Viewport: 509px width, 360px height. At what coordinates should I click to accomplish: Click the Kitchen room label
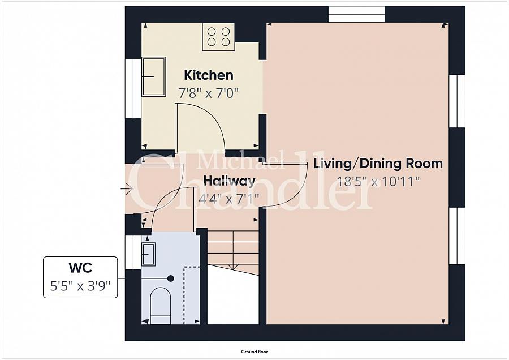point(208,75)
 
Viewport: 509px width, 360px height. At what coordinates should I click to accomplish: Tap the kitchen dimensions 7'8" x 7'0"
point(208,93)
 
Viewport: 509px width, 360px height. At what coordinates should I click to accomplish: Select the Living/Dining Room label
point(378,164)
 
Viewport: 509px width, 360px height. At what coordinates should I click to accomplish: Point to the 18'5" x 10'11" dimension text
point(378,181)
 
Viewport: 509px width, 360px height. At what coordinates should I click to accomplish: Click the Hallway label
point(229,181)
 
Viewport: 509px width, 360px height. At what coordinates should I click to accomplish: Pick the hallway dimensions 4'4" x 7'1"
point(229,198)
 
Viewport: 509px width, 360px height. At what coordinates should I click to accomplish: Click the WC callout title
point(80,268)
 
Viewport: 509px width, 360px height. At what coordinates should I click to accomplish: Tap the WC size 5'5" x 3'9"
point(80,286)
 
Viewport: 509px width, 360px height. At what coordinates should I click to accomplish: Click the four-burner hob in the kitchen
point(218,37)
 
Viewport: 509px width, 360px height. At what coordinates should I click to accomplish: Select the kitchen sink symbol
point(153,76)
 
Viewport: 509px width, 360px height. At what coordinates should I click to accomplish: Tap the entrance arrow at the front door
point(127,188)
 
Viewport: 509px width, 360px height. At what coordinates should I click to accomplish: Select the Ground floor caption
point(254,352)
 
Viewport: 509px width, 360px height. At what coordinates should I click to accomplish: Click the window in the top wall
point(356,14)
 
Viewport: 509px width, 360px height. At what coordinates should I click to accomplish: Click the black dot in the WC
point(170,278)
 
